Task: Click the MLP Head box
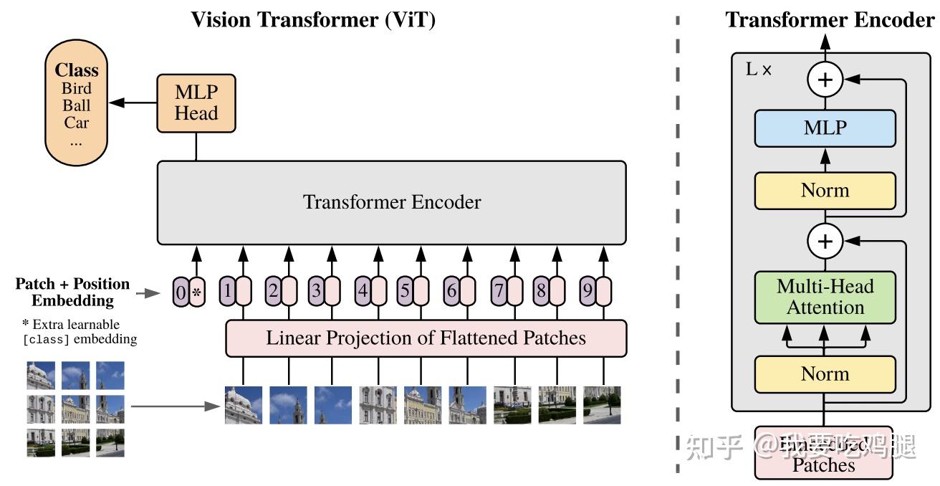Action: pyautogui.click(x=196, y=103)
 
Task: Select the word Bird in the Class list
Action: pyautogui.click(x=76, y=89)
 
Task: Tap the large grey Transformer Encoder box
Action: pyautogui.click(x=391, y=202)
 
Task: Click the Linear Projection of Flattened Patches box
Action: pyautogui.click(x=426, y=338)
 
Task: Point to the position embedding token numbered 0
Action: pyautogui.click(x=179, y=292)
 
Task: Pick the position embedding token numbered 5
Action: pyautogui.click(x=406, y=292)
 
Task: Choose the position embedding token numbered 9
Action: pyautogui.click(x=587, y=292)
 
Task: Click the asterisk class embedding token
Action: pyautogui.click(x=196, y=292)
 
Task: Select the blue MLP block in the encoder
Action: pyautogui.click(x=825, y=128)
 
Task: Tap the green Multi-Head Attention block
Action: pyautogui.click(x=825, y=297)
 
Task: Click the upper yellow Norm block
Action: pyautogui.click(x=825, y=191)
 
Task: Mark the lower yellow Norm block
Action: pyautogui.click(x=825, y=374)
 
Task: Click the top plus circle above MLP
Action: pyautogui.click(x=825, y=80)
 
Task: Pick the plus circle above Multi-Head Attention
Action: pyautogui.click(x=825, y=242)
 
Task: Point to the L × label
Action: pyautogui.click(x=759, y=70)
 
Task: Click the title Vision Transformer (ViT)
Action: pyautogui.click(x=313, y=19)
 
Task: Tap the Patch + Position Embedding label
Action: pyautogui.click(x=72, y=292)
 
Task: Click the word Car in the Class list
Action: pyautogui.click(x=76, y=123)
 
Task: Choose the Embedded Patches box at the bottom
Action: pyautogui.click(x=824, y=453)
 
